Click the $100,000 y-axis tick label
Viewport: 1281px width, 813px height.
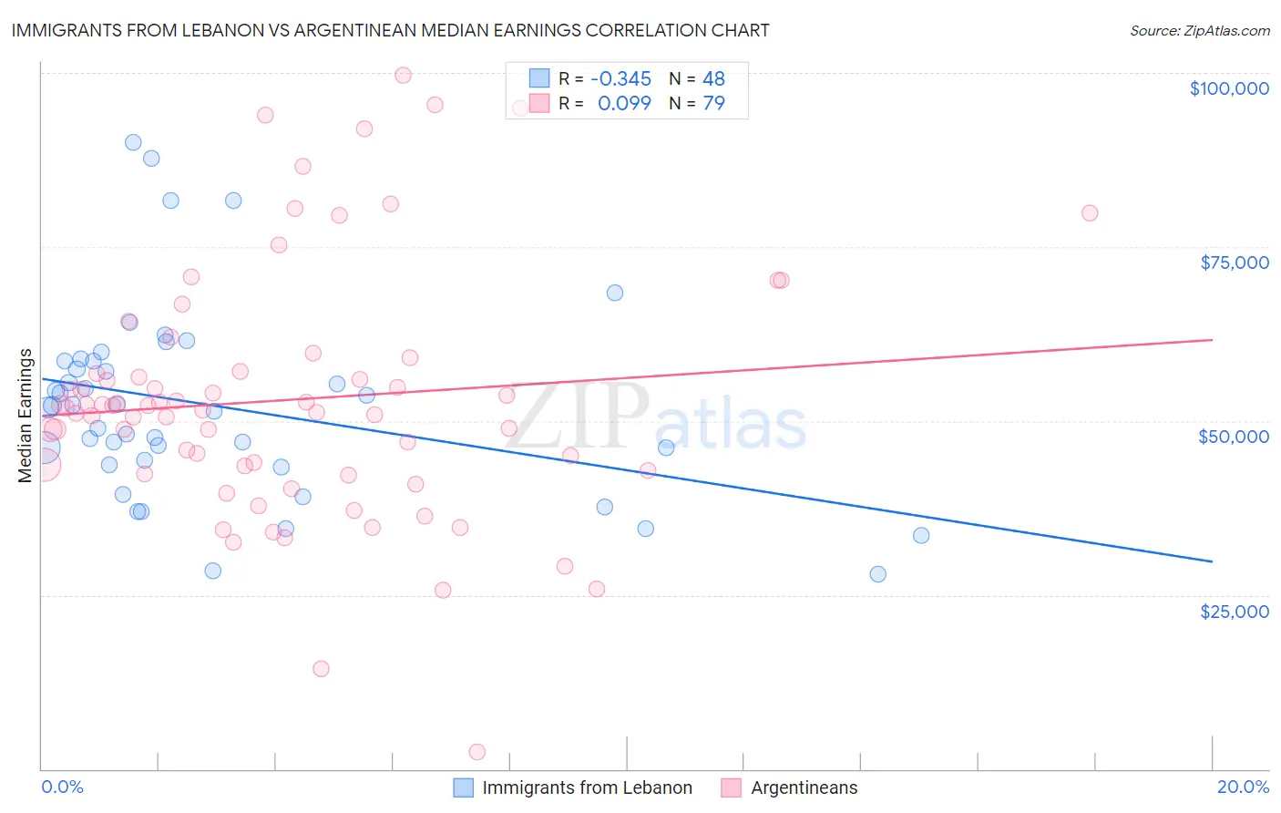(x=1229, y=88)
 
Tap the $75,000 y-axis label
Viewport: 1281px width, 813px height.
(x=1234, y=262)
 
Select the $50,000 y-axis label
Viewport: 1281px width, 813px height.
(x=1233, y=437)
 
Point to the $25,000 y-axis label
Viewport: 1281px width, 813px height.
(x=1234, y=611)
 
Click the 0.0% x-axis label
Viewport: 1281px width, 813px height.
(x=62, y=787)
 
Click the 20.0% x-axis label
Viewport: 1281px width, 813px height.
(x=1243, y=787)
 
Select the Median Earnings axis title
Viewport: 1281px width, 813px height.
(x=26, y=415)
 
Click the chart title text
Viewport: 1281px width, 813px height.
(x=390, y=30)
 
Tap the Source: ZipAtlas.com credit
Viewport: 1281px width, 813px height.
(x=1199, y=30)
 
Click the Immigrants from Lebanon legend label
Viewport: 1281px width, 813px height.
(x=587, y=787)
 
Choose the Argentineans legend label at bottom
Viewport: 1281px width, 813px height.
(x=804, y=787)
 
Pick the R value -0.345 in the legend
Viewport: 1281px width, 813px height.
(x=620, y=79)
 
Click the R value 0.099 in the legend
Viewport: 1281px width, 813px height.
(x=624, y=103)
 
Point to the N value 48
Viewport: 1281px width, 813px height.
(x=713, y=79)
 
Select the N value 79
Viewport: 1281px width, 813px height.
(x=713, y=103)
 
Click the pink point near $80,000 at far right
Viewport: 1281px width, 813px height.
(x=1090, y=213)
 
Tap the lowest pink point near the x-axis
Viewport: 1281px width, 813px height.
(x=477, y=752)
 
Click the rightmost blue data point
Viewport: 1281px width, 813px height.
(x=921, y=535)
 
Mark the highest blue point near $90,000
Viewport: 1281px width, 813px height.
(x=133, y=142)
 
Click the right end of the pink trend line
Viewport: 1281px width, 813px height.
(x=1212, y=339)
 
